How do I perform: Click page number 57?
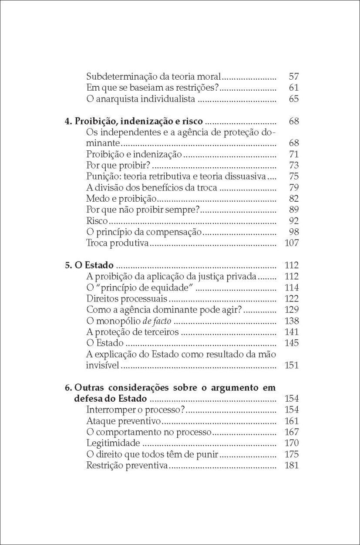[293, 77]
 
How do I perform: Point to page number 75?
[293, 176]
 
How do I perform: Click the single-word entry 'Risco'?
[97, 220]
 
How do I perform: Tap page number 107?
[291, 243]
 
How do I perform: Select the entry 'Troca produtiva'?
[118, 243]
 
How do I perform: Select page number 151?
[291, 365]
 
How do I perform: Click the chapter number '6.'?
[68, 387]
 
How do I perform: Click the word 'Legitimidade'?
[113, 443]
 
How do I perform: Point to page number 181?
[291, 465]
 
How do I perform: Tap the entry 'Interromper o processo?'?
[136, 410]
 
